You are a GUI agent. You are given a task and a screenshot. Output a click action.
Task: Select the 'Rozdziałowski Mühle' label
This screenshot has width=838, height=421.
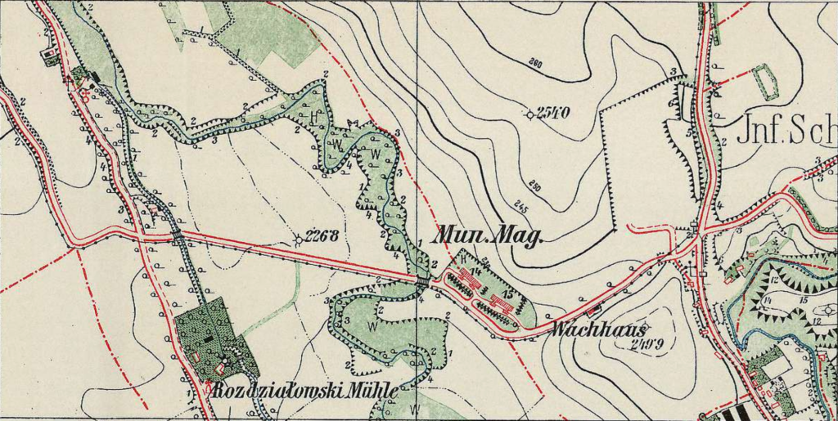[x=304, y=391]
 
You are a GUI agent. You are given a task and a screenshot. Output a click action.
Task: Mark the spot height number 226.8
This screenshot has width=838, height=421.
[x=322, y=238]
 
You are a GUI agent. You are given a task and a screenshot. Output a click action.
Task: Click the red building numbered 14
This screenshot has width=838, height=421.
[x=470, y=279]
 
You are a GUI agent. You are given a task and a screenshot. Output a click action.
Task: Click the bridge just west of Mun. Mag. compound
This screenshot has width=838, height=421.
[x=422, y=280]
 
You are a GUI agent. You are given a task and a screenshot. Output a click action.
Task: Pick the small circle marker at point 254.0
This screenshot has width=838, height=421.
[x=530, y=114]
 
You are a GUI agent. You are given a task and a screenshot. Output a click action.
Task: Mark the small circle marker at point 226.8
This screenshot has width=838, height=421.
[x=298, y=240]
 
